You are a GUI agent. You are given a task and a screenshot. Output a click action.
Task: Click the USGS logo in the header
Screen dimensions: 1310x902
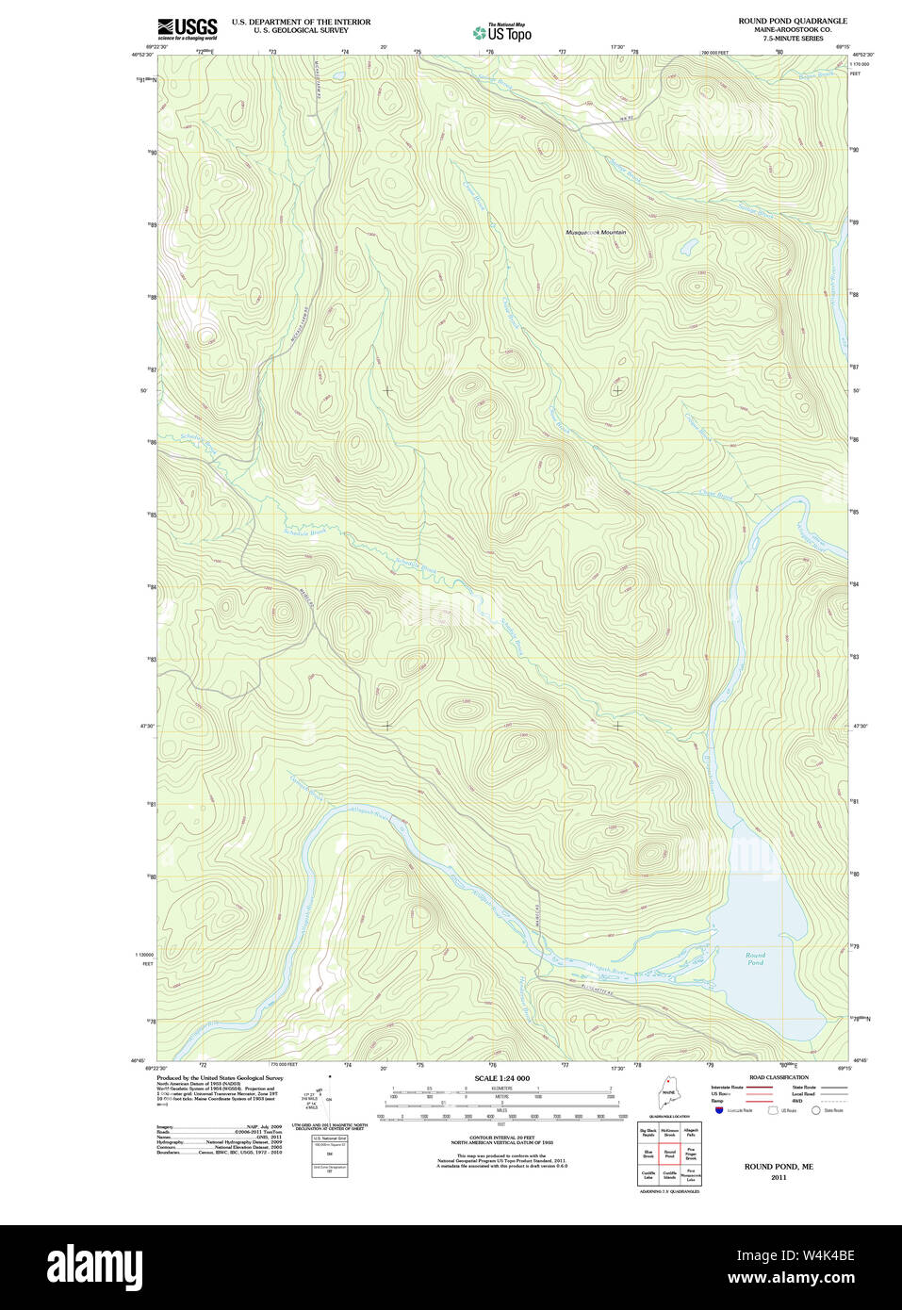[x=187, y=28]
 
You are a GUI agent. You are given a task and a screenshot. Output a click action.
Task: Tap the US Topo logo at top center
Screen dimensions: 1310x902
[x=502, y=33]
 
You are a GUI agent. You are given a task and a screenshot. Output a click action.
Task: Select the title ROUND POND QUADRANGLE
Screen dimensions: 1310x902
[x=792, y=21]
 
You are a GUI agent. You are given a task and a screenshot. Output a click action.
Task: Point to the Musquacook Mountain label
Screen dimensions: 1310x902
[x=595, y=232]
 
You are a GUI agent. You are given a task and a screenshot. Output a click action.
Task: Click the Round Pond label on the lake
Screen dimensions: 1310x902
[x=755, y=958]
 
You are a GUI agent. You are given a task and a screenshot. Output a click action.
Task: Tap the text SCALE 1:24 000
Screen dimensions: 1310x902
[x=501, y=1078]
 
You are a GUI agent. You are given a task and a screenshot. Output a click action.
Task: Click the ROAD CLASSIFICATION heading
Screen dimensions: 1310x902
[x=779, y=1077]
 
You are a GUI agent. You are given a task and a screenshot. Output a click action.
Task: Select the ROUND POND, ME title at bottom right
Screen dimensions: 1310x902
[x=778, y=1167]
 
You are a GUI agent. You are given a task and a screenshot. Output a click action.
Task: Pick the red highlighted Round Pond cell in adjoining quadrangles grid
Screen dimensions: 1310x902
[x=669, y=1153]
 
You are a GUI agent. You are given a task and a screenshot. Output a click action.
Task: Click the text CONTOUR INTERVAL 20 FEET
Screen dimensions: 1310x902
[x=501, y=1138]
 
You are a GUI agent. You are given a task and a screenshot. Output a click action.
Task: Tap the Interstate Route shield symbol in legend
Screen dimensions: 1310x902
[x=718, y=1111]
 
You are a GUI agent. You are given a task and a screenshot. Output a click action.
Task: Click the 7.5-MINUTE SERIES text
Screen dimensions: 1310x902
[x=793, y=39]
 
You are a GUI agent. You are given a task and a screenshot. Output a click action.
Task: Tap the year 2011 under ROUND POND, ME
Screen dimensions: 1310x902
[x=778, y=1177]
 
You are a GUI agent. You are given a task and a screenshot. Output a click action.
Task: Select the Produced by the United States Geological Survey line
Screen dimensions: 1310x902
[x=219, y=1078]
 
